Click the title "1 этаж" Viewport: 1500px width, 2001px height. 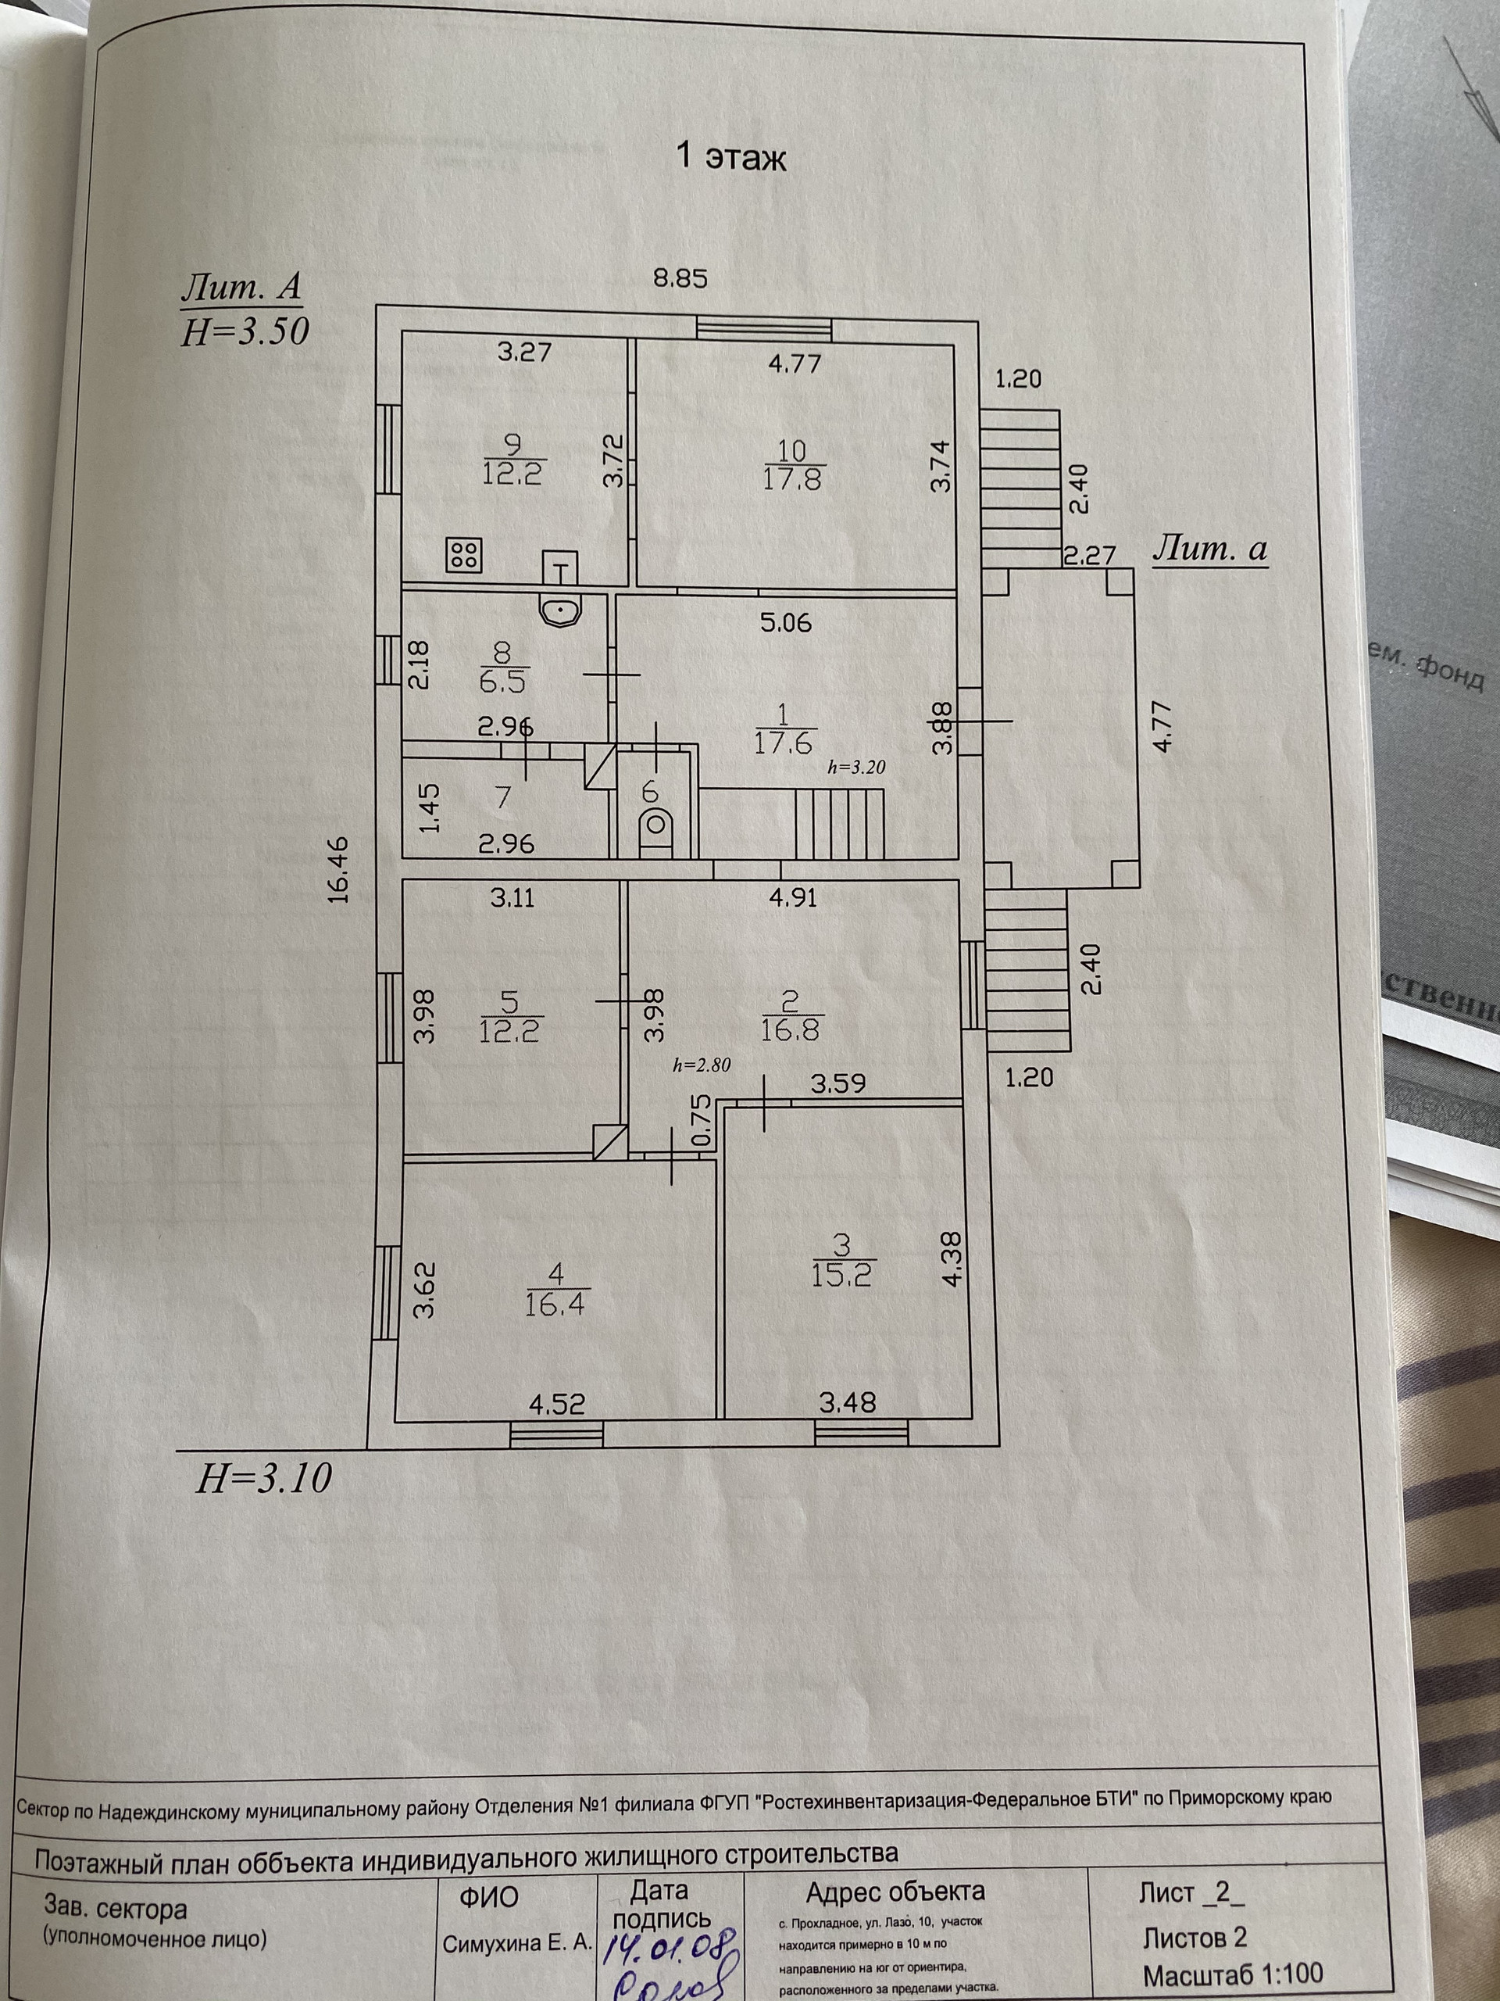[x=731, y=157]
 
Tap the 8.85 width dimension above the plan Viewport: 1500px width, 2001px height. [x=680, y=277]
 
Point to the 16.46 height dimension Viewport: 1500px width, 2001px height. [x=338, y=869]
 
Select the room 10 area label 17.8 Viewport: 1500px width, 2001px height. [x=791, y=478]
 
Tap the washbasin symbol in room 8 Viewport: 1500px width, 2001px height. [x=562, y=611]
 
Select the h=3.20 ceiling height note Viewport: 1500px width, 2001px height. [x=856, y=767]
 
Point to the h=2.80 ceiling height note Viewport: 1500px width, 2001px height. [x=701, y=1065]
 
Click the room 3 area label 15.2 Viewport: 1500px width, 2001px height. [x=841, y=1274]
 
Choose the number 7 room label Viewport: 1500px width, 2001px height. [x=504, y=797]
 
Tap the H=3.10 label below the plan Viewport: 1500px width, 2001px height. [x=263, y=1477]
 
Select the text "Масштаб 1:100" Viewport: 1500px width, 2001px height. [x=1232, y=1974]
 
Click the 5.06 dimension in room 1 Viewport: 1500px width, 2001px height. [x=786, y=622]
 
